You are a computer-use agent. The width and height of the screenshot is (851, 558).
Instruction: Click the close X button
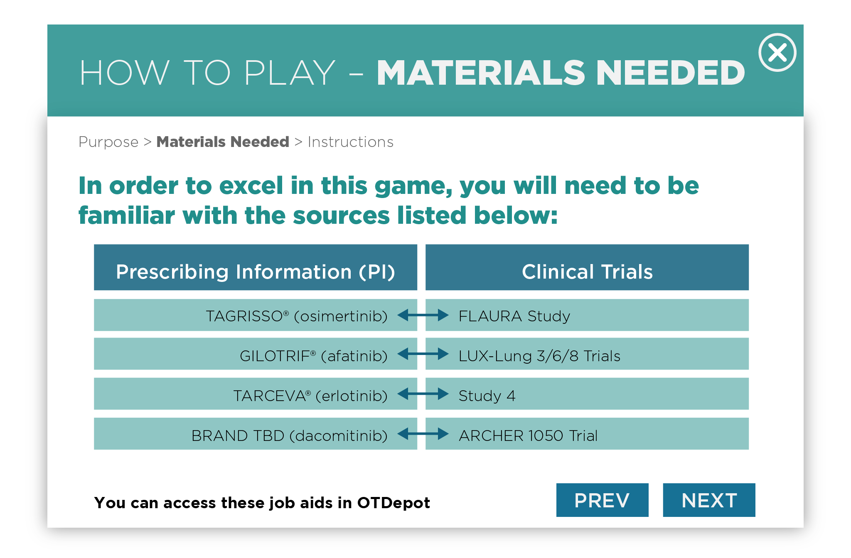[x=777, y=53]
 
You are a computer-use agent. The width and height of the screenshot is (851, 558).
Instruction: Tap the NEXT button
[x=709, y=500]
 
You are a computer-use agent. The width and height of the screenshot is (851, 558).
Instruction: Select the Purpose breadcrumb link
[x=108, y=142]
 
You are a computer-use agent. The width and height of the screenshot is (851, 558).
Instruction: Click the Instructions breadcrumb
[x=350, y=142]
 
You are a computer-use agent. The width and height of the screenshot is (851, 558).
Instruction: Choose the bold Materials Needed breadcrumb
[x=223, y=142]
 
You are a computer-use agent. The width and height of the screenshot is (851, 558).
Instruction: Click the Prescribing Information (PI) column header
[x=256, y=267]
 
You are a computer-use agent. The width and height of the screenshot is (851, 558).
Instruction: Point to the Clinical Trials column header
[x=587, y=267]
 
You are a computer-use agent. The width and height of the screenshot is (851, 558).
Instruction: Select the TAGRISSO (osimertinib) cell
[x=256, y=315]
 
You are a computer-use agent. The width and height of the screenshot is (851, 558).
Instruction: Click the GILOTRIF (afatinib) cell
[x=256, y=354]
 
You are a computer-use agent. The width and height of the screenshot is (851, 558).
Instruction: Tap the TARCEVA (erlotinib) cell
[x=256, y=394]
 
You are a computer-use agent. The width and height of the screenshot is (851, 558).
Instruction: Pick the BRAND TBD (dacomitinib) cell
[x=256, y=433]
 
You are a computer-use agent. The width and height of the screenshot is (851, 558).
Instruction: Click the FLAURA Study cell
[x=587, y=315]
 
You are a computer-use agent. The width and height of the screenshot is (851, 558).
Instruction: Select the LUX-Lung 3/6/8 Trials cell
[x=587, y=354]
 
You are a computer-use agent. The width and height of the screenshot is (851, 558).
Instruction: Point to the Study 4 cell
[x=587, y=394]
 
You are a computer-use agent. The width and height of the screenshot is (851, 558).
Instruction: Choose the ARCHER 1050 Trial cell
[x=587, y=433]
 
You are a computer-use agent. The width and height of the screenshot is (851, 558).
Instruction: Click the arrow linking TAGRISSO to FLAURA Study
[x=423, y=316]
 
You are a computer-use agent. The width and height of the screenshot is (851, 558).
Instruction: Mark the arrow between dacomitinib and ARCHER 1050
[x=423, y=434]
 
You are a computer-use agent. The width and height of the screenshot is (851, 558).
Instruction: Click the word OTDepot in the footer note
[x=394, y=503]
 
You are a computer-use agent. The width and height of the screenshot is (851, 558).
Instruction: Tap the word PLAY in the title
[x=290, y=73]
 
